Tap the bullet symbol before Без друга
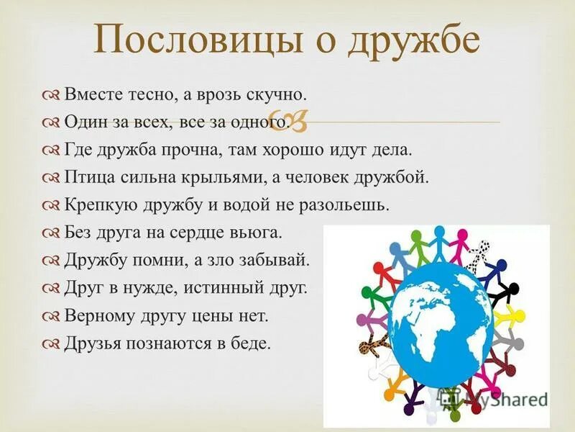52,233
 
